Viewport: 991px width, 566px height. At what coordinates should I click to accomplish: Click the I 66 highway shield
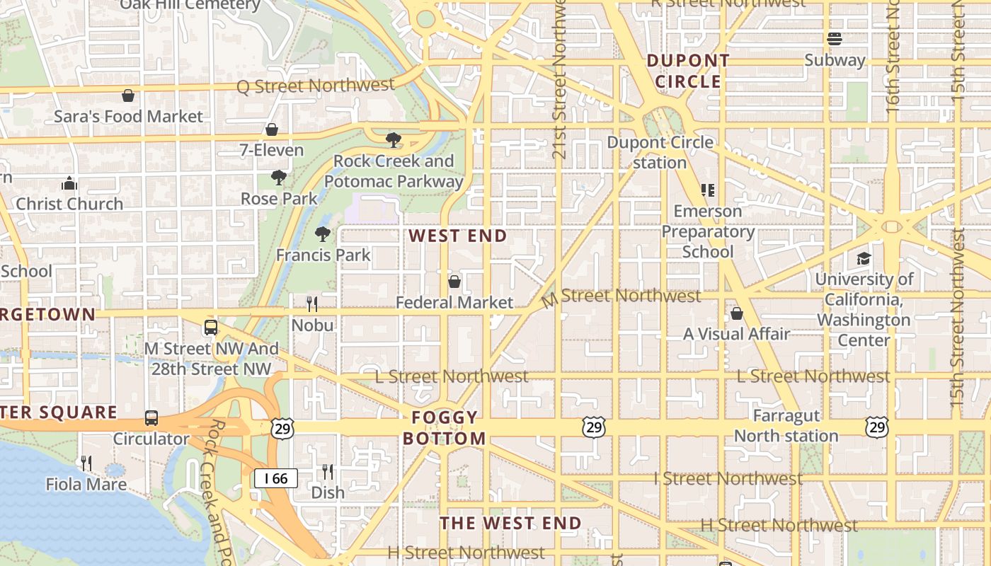point(276,478)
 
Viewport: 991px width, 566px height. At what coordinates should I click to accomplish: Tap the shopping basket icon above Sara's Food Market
point(128,96)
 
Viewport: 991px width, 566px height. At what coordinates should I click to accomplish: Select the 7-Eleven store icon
point(271,129)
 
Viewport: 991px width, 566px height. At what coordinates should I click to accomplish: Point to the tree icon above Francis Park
point(323,234)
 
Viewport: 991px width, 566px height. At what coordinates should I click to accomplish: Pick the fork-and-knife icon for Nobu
point(312,304)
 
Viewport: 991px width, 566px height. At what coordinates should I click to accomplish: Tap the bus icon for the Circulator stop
point(151,418)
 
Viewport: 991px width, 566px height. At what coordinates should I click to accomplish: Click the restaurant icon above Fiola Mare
point(86,463)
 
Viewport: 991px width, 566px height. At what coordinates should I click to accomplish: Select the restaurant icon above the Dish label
point(328,472)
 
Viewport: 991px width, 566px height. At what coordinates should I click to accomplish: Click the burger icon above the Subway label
point(835,39)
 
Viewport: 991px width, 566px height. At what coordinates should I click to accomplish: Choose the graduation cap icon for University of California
point(864,258)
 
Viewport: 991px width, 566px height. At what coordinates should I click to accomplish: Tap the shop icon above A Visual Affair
point(737,313)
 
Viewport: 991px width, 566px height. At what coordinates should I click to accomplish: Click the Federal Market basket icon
point(454,282)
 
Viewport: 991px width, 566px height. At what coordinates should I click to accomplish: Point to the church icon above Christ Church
point(69,183)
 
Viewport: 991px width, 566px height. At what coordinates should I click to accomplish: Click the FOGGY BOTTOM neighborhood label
point(445,428)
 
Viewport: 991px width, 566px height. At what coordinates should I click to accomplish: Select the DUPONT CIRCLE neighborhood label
point(687,71)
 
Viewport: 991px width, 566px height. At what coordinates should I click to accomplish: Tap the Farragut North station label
point(786,426)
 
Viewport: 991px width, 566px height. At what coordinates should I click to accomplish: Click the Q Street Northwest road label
point(316,86)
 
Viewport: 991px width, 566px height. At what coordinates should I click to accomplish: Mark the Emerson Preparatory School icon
point(707,190)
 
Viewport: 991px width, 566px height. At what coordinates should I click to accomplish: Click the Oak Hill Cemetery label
point(190,5)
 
